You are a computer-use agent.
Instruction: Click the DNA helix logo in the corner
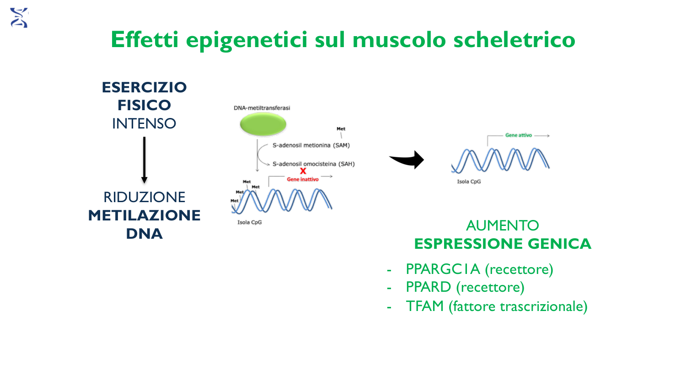pyautogui.click(x=19, y=18)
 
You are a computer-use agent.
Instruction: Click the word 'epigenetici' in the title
pyautogui.click(x=247, y=40)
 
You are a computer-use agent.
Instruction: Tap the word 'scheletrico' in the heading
pyautogui.click(x=514, y=39)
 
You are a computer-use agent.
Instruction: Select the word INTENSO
pyautogui.click(x=144, y=124)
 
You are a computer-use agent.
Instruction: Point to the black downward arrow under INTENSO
pyautogui.click(x=144, y=160)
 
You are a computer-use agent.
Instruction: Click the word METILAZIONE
pyautogui.click(x=144, y=215)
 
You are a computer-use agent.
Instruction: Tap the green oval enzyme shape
pyautogui.click(x=263, y=124)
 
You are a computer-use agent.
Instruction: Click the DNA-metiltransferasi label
pyautogui.click(x=262, y=108)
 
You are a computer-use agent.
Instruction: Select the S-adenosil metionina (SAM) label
pyautogui.click(x=311, y=145)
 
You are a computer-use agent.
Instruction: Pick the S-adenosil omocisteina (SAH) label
pyautogui.click(x=314, y=164)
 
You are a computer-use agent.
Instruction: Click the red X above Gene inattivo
pyautogui.click(x=303, y=171)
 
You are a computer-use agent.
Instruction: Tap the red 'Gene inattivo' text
pyautogui.click(x=303, y=179)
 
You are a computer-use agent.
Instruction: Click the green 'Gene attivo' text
pyautogui.click(x=519, y=135)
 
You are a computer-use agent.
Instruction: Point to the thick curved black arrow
pyautogui.click(x=407, y=160)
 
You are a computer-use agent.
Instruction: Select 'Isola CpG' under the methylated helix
pyautogui.click(x=250, y=222)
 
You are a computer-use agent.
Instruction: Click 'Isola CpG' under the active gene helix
pyautogui.click(x=469, y=182)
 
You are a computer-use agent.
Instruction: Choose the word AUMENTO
pyautogui.click(x=503, y=226)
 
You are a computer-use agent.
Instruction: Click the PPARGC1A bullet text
pyautogui.click(x=479, y=269)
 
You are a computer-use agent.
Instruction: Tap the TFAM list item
pyautogui.click(x=496, y=306)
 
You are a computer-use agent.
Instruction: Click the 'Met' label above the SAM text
pyautogui.click(x=341, y=129)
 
